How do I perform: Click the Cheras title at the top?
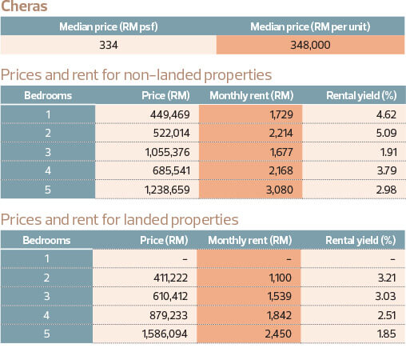pos(24,6)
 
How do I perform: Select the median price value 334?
pos(109,45)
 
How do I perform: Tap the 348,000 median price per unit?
pos(310,45)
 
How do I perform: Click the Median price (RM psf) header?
pos(109,26)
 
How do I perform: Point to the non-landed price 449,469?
pos(169,114)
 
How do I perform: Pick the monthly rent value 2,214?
pos(281,133)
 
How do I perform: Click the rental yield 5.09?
pos(386,133)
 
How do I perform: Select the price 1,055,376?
pos(167,152)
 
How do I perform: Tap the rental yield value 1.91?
pos(388,152)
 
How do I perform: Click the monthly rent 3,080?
pos(280,190)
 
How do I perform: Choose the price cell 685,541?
pos(171,170)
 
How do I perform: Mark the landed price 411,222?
pos(170,278)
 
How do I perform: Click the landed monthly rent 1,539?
pos(280,296)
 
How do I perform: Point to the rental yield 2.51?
pos(387,315)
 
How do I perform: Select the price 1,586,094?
pos(165,334)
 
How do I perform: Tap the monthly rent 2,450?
pos(278,334)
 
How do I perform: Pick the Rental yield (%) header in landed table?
pos(360,240)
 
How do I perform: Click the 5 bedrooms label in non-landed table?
pos(48,190)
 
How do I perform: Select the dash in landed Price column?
pos(185,259)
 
